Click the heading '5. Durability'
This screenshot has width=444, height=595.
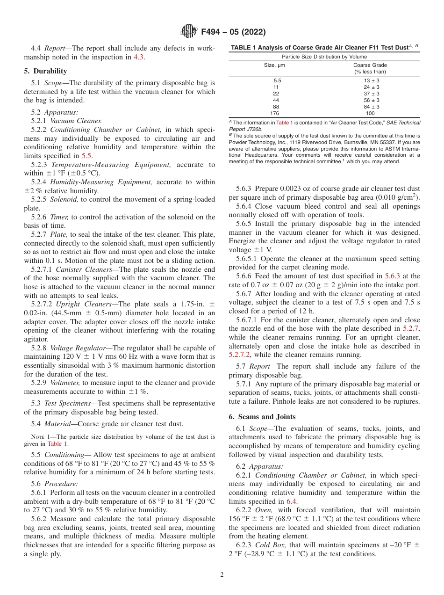click(x=45, y=71)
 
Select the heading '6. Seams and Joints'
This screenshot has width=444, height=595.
click(x=262, y=417)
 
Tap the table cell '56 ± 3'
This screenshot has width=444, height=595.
click(x=372, y=100)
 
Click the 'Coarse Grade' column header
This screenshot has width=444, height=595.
click(x=370, y=65)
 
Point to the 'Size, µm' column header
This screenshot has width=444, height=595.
click(x=275, y=65)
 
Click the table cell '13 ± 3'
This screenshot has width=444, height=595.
click(x=372, y=80)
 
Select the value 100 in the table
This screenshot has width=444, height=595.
click(x=370, y=113)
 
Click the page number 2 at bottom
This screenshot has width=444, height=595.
click(x=222, y=575)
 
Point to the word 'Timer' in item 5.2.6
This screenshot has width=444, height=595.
click(x=59, y=217)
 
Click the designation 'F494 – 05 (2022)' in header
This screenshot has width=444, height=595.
click(x=233, y=32)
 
